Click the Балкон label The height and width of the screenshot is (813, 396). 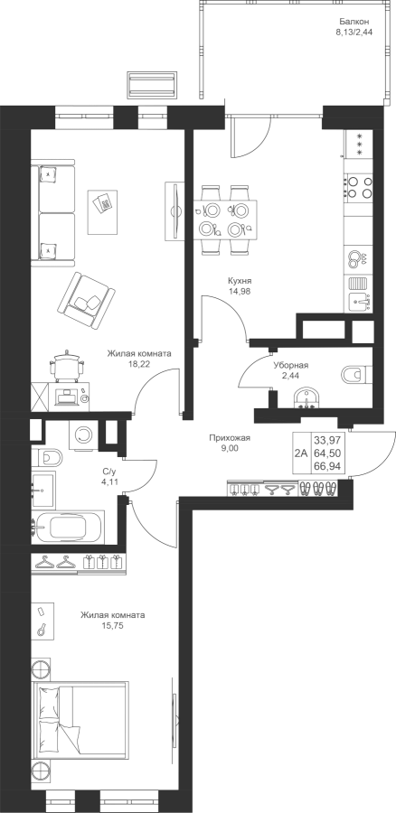(354, 22)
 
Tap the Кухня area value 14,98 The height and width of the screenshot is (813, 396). (236, 291)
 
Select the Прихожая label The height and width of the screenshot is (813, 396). (230, 438)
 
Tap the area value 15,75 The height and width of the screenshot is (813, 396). (113, 626)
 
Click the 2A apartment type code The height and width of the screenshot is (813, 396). (300, 453)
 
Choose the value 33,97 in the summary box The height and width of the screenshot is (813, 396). (324, 441)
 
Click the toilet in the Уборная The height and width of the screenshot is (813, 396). (357, 374)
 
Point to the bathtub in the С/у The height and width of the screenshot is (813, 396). (68, 527)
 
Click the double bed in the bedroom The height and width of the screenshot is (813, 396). (80, 723)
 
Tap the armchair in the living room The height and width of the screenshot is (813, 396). (86, 300)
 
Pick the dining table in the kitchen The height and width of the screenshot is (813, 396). (226, 219)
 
